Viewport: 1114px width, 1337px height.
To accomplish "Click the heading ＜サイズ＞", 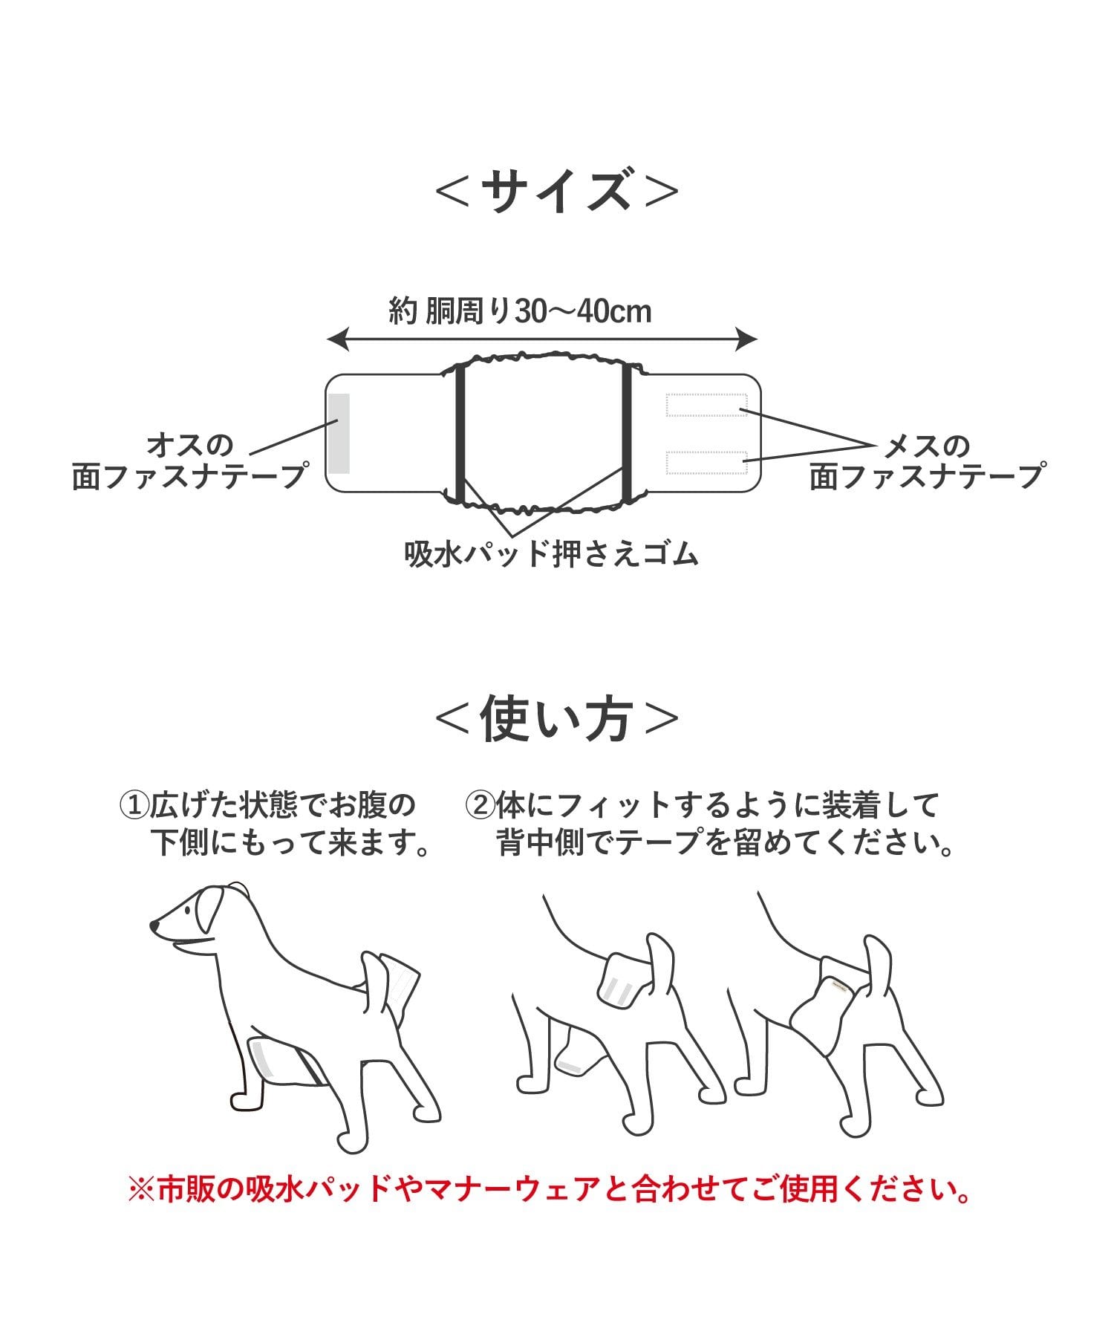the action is pyautogui.click(x=557, y=191).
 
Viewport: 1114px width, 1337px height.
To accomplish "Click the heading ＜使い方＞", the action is pyautogui.click(x=557, y=718).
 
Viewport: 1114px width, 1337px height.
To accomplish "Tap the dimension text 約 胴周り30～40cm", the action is pyautogui.click(x=520, y=311).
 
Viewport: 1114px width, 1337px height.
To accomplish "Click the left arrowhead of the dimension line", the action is pyautogui.click(x=336, y=340).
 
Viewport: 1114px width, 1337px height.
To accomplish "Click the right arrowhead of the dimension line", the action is pyautogui.click(x=748, y=340).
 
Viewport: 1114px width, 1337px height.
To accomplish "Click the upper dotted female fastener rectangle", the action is pyautogui.click(x=706, y=405).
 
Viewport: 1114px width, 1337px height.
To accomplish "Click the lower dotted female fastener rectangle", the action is pyautogui.click(x=706, y=462).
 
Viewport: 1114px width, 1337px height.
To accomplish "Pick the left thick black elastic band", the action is pyautogui.click(x=459, y=433).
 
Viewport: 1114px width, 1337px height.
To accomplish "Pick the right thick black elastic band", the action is pyautogui.click(x=626, y=433).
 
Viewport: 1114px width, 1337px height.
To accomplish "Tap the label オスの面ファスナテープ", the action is pyautogui.click(x=189, y=461).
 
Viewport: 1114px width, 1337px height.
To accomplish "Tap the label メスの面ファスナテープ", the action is pyautogui.click(x=927, y=461).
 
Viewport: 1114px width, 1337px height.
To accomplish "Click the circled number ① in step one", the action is pyautogui.click(x=134, y=804).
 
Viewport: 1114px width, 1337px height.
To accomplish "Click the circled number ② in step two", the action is pyautogui.click(x=479, y=804).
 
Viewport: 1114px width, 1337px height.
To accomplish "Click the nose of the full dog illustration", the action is pyautogui.click(x=154, y=926).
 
